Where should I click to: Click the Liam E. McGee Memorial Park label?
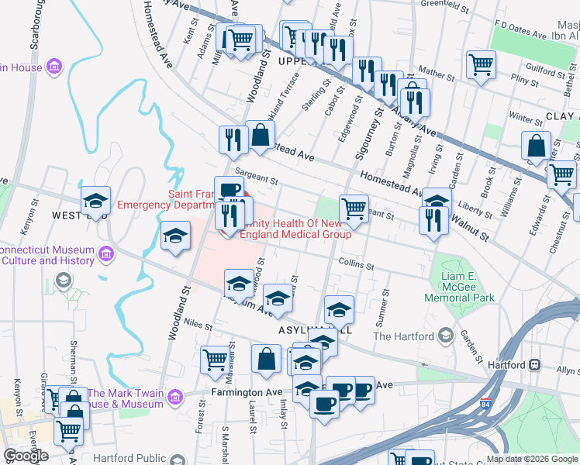click(x=463, y=288)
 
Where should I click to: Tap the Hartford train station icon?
click(x=534, y=364)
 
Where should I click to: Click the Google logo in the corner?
click(x=26, y=456)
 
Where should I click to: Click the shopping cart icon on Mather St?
click(x=481, y=64)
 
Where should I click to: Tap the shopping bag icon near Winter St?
click(x=536, y=145)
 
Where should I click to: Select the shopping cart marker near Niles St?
click(x=216, y=359)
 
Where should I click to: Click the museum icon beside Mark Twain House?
click(x=174, y=398)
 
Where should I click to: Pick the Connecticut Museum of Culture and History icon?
click(x=106, y=253)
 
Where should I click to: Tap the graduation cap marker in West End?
click(x=95, y=201)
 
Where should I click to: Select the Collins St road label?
click(x=356, y=263)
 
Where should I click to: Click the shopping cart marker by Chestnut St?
click(x=561, y=174)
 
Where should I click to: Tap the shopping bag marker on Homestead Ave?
click(x=261, y=135)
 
